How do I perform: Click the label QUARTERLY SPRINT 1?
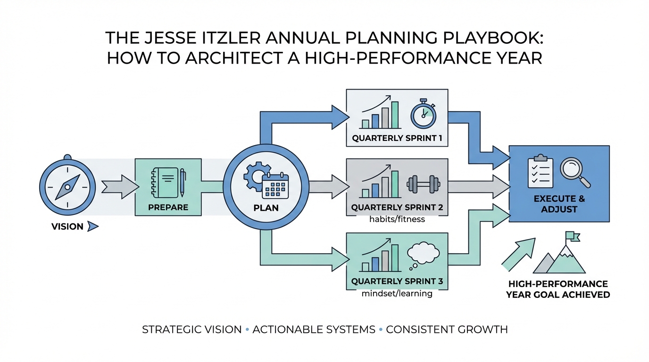tap(397, 139)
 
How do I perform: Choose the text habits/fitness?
tap(397, 219)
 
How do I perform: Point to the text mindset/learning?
tap(397, 294)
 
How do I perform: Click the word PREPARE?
tap(168, 207)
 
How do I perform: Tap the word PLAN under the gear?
tap(266, 208)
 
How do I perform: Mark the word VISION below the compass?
tap(67, 227)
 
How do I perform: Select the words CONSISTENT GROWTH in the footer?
tap(447, 329)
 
